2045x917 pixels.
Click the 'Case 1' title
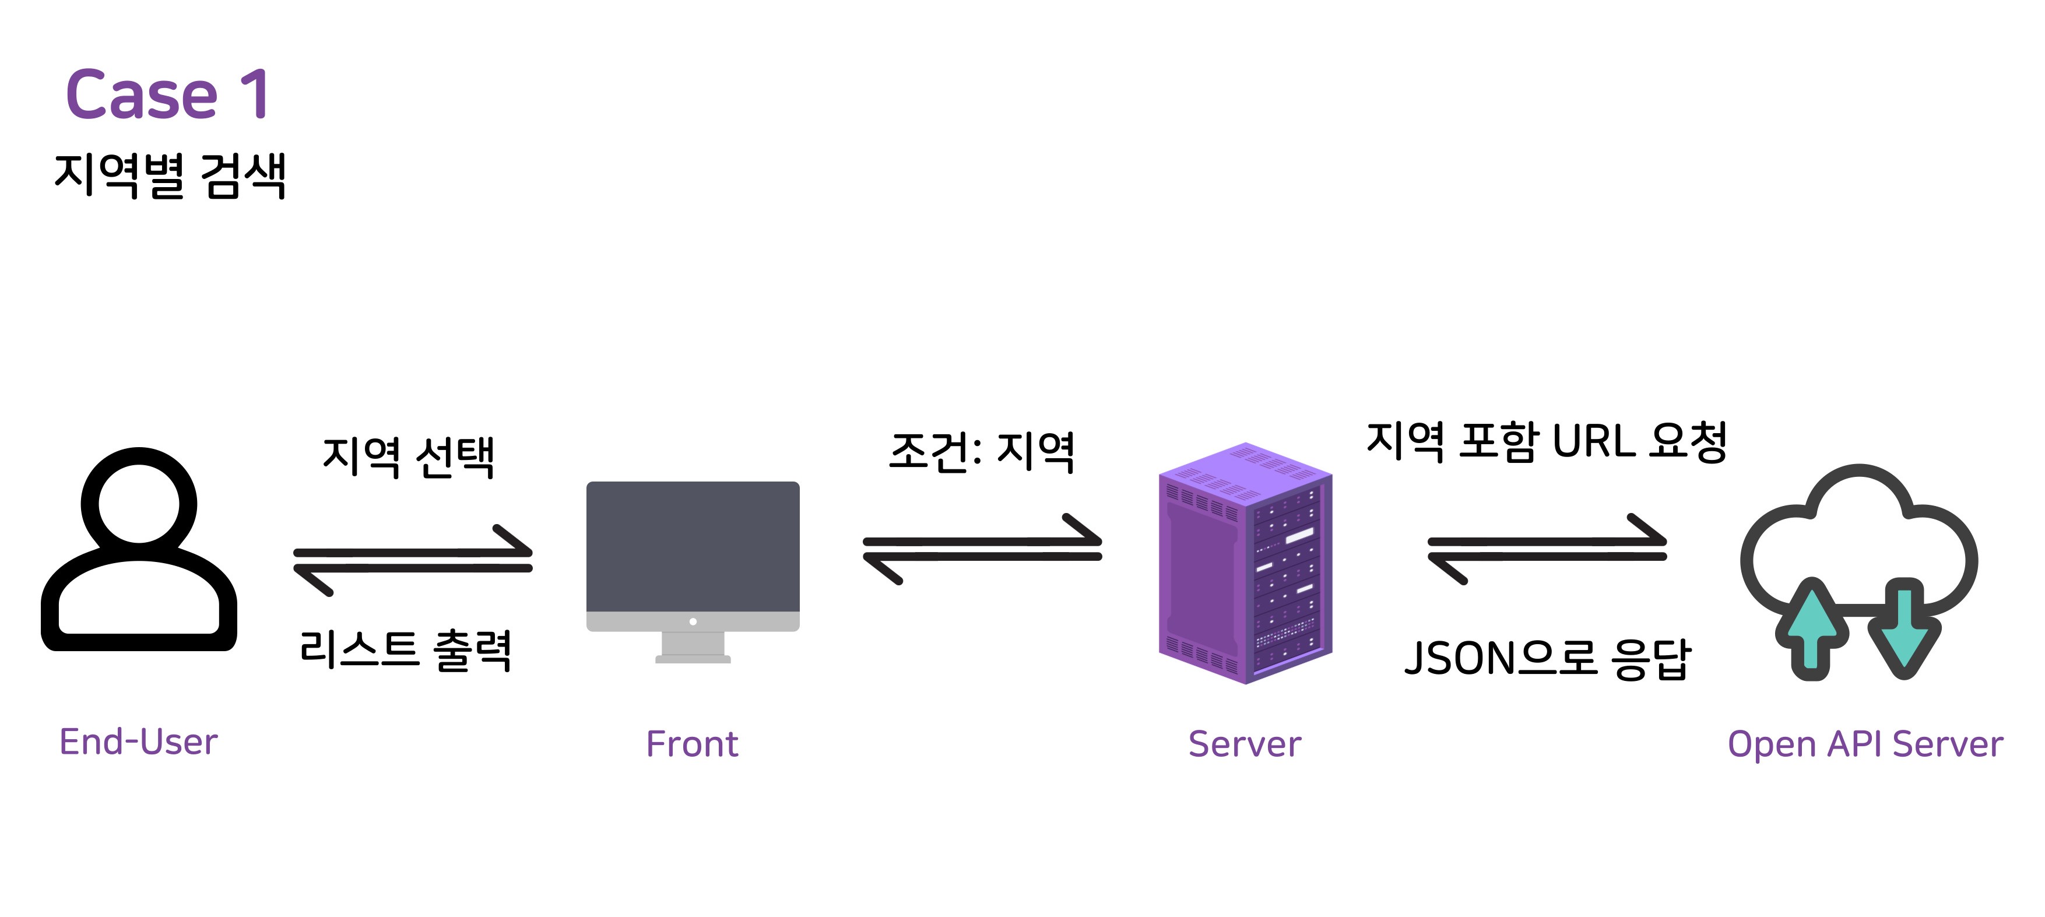click(168, 94)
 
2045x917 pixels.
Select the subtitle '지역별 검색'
click(170, 175)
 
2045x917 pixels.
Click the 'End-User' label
click(138, 742)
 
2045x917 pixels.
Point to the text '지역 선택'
click(409, 456)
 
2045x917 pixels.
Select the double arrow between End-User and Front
click(413, 560)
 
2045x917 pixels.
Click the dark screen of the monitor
click(693, 546)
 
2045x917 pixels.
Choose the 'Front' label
click(692, 744)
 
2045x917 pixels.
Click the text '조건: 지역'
click(982, 452)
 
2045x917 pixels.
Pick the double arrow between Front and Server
click(983, 549)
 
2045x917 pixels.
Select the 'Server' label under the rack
click(1245, 744)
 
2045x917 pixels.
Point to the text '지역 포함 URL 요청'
click(1547, 441)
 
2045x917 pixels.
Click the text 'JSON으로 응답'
click(1547, 659)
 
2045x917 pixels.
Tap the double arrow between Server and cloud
click(1547, 549)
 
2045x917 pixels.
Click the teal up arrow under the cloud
click(1812, 629)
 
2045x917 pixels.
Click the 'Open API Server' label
click(1865, 744)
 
